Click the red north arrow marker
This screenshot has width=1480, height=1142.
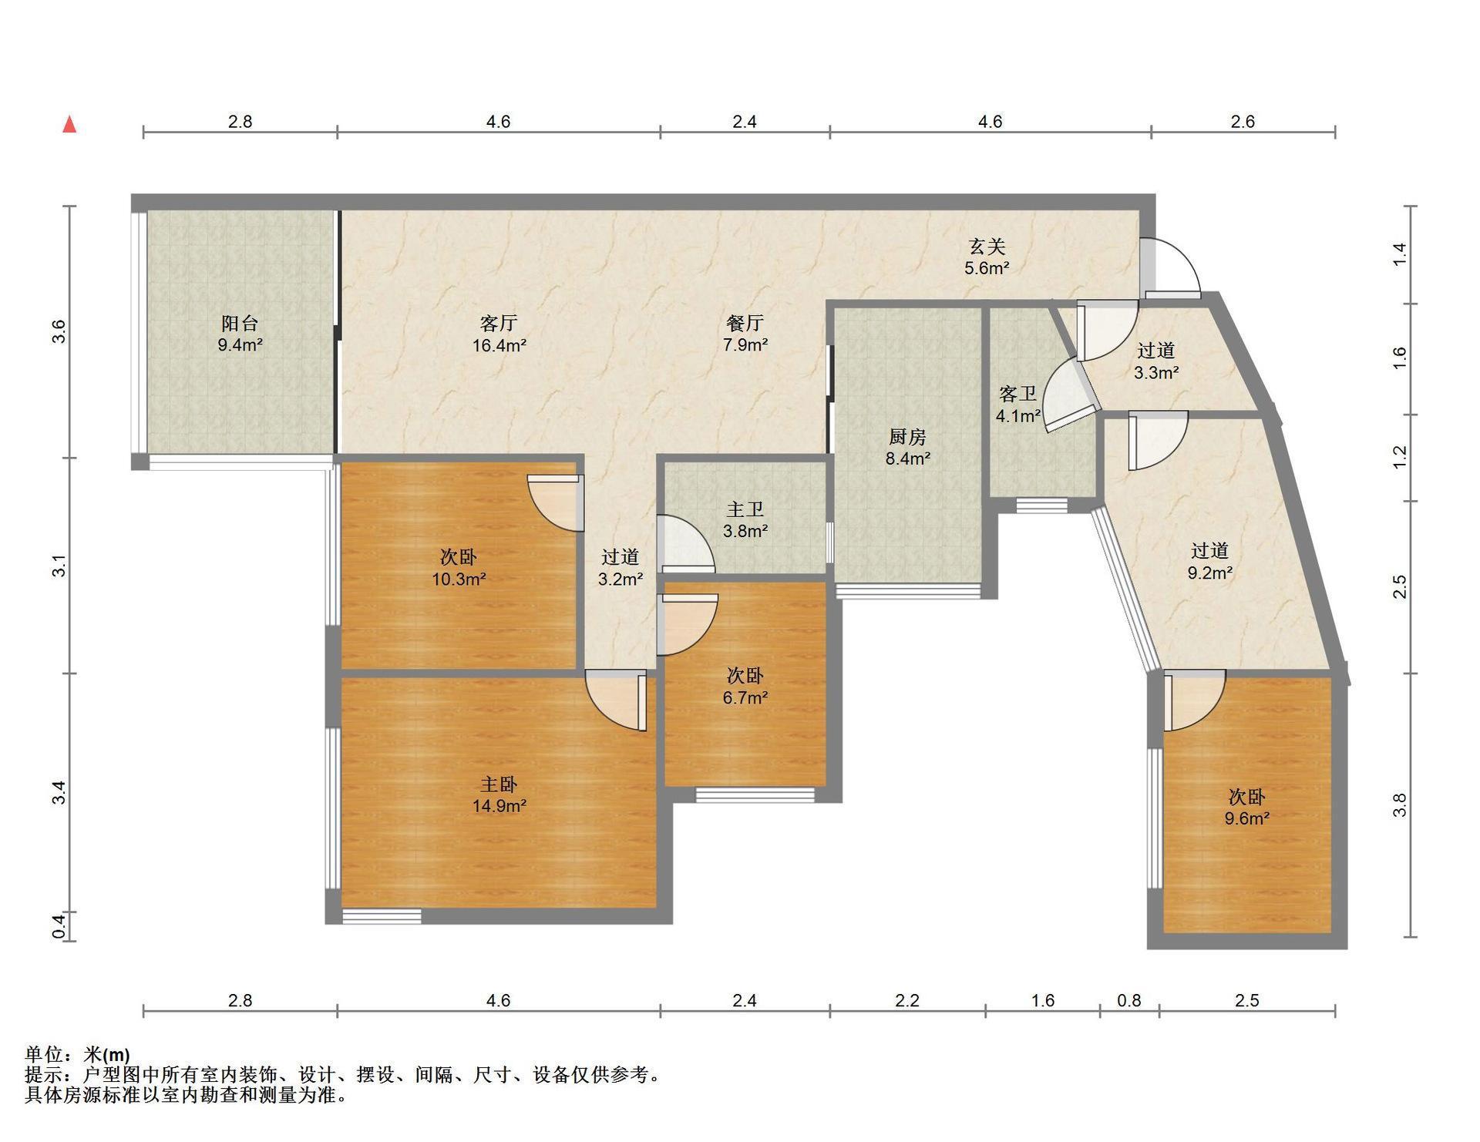[69, 124]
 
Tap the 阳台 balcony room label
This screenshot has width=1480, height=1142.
[240, 323]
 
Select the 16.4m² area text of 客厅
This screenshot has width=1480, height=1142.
[499, 345]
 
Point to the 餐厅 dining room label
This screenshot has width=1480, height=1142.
[745, 323]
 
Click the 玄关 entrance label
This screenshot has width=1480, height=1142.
[987, 247]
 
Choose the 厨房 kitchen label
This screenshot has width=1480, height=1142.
[907, 437]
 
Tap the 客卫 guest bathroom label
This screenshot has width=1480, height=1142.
[1017, 395]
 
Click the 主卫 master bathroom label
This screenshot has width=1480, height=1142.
[745, 509]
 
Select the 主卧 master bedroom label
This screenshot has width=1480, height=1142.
[499, 784]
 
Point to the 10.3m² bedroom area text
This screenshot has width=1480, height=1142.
[459, 579]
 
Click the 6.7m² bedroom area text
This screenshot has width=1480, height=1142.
[745, 698]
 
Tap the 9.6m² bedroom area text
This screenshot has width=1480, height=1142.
[1246, 818]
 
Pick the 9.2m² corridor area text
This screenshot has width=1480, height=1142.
[1209, 573]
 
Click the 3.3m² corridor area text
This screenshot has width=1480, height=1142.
[1156, 373]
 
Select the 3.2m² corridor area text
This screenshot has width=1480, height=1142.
[621, 579]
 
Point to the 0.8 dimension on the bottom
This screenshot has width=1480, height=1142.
[1129, 1000]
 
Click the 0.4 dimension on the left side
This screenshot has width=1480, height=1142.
[59, 925]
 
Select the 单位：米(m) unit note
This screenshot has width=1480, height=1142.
[77, 1054]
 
